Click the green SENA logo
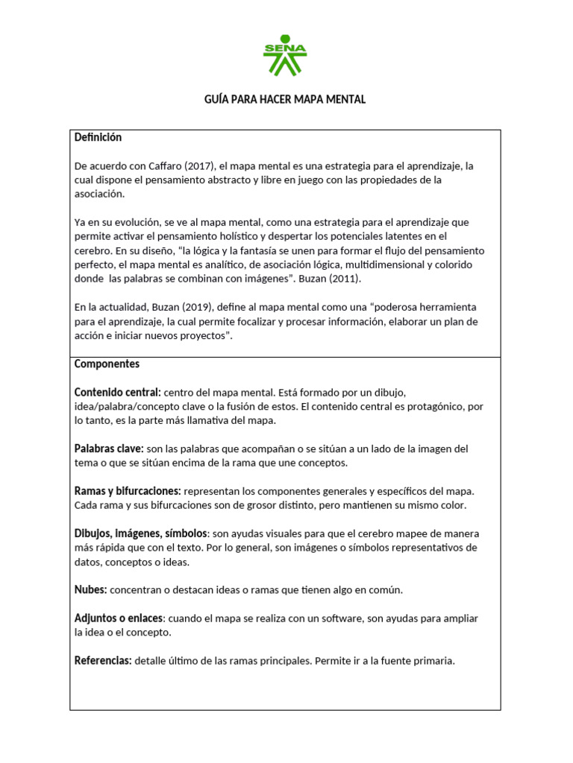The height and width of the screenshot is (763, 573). [x=285, y=55]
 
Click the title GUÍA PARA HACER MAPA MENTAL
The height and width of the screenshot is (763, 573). [x=285, y=99]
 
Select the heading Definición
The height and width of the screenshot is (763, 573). [x=98, y=138]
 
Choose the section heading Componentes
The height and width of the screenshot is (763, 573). [x=107, y=364]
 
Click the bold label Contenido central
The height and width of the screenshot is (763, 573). [x=117, y=392]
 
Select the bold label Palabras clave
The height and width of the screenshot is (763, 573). [x=109, y=449]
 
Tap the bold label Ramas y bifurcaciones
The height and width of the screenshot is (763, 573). [x=128, y=491]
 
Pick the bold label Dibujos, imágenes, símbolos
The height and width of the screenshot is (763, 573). [x=140, y=534]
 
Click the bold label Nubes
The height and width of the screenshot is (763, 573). [x=91, y=589]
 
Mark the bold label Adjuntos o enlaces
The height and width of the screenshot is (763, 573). [x=119, y=618]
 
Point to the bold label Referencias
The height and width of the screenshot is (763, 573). [x=103, y=661]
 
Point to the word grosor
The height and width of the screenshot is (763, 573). [x=241, y=505]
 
